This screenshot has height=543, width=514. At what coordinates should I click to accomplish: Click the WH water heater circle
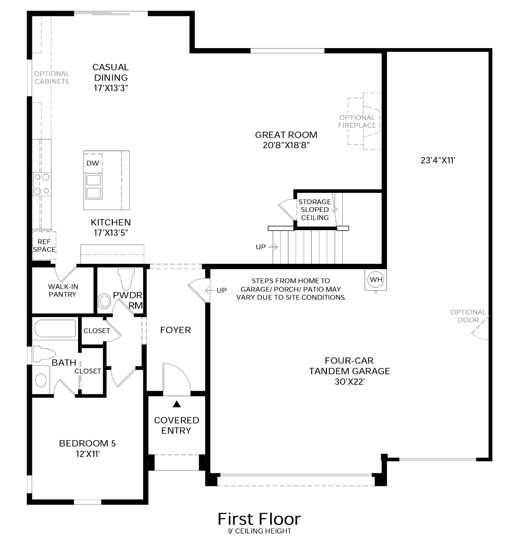pyautogui.click(x=376, y=279)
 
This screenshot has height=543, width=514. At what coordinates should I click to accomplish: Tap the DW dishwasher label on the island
pyautogui.click(x=93, y=163)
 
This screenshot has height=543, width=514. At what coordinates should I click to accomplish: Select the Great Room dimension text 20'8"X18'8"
pyautogui.click(x=286, y=145)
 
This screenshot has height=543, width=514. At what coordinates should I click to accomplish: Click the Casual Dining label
pyautogui.click(x=111, y=72)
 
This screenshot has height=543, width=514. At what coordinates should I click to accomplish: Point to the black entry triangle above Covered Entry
pyautogui.click(x=177, y=404)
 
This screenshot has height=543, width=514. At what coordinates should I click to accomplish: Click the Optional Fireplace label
pyautogui.click(x=357, y=121)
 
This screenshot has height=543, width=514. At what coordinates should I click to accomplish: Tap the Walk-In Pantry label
pyautogui.click(x=63, y=290)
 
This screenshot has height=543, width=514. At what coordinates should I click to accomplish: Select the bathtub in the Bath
pyautogui.click(x=55, y=328)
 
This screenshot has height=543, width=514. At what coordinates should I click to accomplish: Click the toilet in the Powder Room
pyautogui.click(x=126, y=279)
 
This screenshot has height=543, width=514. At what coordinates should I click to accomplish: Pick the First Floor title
pyautogui.click(x=259, y=519)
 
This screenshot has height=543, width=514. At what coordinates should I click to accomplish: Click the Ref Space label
pyautogui.click(x=44, y=245)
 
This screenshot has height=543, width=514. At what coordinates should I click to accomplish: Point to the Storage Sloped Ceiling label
pyautogui.click(x=315, y=210)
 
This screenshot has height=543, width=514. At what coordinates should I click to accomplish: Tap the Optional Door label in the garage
pyautogui.click(x=468, y=316)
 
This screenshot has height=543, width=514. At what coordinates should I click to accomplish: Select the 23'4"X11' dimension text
pyautogui.click(x=438, y=161)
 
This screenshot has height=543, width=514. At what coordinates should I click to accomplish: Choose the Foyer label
pyautogui.click(x=176, y=330)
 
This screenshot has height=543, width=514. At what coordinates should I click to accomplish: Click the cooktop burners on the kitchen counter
pyautogui.click(x=42, y=184)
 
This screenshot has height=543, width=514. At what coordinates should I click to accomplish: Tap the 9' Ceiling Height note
pyautogui.click(x=259, y=531)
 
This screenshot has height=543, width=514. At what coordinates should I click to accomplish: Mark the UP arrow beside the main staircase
pyautogui.click(x=273, y=247)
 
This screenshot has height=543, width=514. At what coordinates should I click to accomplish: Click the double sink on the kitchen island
pyautogui.click(x=93, y=186)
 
